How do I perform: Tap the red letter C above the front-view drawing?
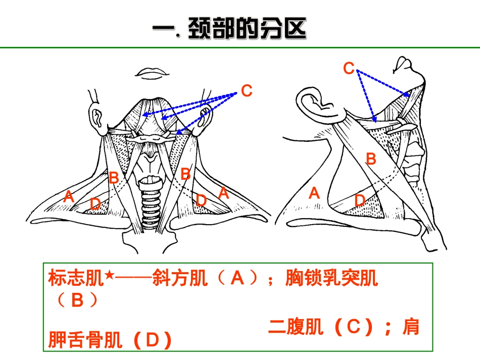click(247, 90)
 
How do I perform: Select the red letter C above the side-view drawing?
click(349, 68)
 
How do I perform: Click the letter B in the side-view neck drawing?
click(371, 159)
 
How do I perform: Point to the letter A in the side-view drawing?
click(314, 193)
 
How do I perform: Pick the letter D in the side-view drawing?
click(360, 200)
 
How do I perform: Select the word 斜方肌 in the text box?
click(180, 278)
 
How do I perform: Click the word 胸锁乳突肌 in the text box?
click(331, 278)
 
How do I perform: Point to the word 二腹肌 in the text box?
click(296, 327)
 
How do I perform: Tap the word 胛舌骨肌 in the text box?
click(85, 339)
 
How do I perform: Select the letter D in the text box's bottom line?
click(152, 340)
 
